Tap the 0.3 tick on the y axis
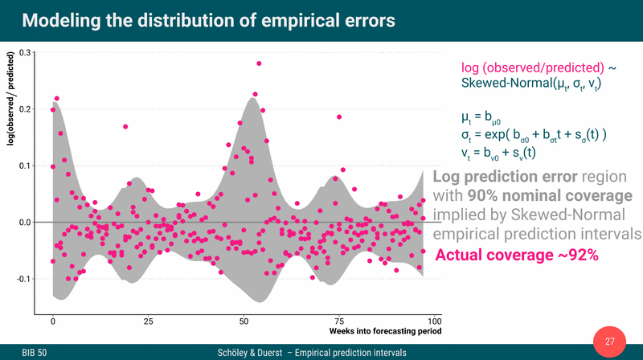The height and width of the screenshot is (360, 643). click(x=25, y=53)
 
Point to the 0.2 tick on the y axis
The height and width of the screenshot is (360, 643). click(x=25, y=109)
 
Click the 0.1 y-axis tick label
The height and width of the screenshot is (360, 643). click(x=25, y=166)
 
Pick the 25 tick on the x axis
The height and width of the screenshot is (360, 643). click(x=148, y=321)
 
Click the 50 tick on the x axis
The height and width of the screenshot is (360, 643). click(x=244, y=321)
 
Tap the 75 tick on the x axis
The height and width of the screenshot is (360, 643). click(x=339, y=321)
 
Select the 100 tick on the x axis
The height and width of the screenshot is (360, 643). click(x=434, y=321)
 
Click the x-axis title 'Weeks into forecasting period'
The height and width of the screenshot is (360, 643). click(x=385, y=331)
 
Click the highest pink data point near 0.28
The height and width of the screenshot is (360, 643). click(x=259, y=63)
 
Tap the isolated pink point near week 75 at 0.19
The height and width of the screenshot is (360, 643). click(x=339, y=117)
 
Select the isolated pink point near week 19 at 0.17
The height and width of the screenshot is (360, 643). click(x=125, y=127)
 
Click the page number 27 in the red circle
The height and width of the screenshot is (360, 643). click(x=609, y=342)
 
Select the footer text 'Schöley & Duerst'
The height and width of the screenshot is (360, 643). click(x=250, y=352)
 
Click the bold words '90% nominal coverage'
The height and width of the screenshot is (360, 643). click(x=543, y=195)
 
